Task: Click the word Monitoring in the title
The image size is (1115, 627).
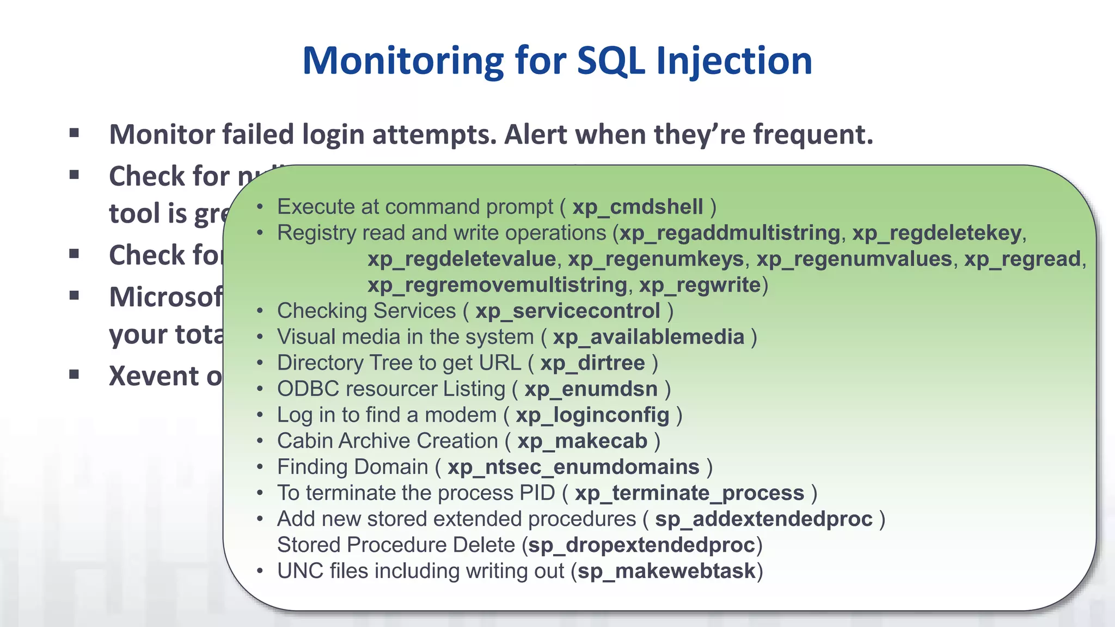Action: (403, 61)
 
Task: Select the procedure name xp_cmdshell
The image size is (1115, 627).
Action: (638, 207)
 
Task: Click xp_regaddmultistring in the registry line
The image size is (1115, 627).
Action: (730, 233)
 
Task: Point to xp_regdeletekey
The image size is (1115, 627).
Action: (936, 233)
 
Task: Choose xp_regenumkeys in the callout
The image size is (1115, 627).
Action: (655, 259)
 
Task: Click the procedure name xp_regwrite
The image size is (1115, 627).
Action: (700, 285)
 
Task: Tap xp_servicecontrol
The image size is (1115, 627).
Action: (567, 311)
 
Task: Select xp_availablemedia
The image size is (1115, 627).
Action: (648, 337)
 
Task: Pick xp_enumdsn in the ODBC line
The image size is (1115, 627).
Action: (591, 389)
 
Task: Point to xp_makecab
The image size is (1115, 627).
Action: (582, 441)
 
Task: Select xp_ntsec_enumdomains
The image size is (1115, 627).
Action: (573, 468)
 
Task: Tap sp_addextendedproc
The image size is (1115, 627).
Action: (763, 519)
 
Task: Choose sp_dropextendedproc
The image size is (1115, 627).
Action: (641, 545)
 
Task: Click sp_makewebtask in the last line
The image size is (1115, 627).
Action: (666, 571)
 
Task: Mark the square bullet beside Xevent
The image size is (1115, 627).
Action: (75, 374)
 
